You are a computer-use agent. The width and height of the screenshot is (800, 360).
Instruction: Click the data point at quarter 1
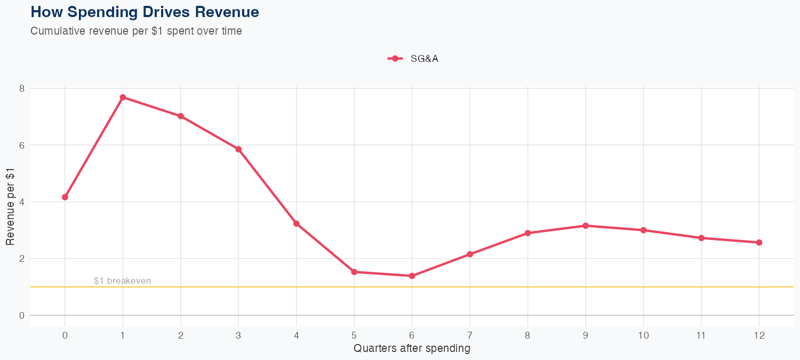point(123,97)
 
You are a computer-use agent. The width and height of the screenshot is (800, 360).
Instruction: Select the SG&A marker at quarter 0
point(65,197)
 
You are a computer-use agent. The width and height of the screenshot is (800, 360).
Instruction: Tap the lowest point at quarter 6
point(412,276)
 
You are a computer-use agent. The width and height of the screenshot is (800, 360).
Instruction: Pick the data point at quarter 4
point(296,223)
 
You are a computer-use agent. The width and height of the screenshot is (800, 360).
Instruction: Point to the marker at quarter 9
point(586,226)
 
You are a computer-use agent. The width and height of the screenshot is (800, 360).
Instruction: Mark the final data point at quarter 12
point(759,243)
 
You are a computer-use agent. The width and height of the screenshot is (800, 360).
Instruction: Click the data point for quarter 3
point(238,149)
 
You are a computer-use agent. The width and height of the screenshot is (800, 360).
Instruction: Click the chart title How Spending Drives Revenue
point(145,12)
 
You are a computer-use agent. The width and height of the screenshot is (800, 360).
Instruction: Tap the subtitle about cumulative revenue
point(136,31)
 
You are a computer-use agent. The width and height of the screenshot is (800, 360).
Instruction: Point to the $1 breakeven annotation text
point(122,281)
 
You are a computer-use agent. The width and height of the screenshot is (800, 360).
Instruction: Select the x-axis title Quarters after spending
point(412,349)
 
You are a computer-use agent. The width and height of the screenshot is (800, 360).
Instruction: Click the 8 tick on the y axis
point(22,89)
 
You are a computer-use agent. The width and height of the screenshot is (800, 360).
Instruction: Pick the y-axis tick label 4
point(22,202)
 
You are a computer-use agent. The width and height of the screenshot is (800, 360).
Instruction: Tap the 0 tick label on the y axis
point(22,316)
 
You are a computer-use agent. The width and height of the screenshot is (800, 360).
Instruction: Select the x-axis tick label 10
point(643,335)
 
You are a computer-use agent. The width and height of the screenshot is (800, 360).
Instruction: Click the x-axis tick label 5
point(354,335)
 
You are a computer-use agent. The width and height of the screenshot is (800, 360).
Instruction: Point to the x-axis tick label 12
point(759,335)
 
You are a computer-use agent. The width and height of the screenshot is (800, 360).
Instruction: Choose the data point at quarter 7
point(470,254)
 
